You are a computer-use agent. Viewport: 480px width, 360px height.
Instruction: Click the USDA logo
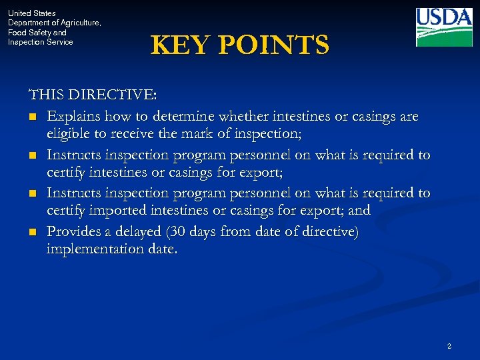click(444, 27)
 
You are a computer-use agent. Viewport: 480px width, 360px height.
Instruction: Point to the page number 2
click(449, 346)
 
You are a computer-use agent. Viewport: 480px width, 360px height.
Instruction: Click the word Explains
click(74, 116)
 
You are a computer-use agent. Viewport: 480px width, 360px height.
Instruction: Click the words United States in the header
click(32, 13)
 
